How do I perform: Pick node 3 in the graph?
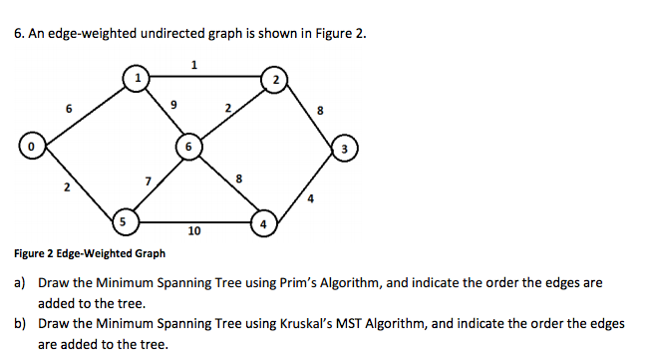[342, 151]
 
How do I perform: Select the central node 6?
[186, 147]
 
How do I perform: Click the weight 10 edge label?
[193, 231]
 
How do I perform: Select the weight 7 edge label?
[148, 180]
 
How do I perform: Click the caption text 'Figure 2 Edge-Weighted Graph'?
[89, 253]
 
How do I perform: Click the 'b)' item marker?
[20, 324]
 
